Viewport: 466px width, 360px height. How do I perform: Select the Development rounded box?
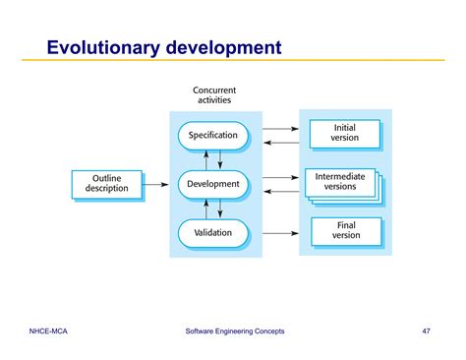point(213,183)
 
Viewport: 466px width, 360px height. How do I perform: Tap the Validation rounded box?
point(213,233)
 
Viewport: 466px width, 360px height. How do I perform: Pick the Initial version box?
point(345,133)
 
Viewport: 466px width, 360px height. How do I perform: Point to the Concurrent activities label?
point(213,96)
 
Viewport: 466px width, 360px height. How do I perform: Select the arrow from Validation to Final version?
point(280,233)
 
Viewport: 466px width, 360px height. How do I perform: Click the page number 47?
point(426,330)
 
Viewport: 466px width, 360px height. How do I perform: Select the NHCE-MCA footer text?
point(49,330)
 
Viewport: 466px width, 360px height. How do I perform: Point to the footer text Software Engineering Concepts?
point(235,330)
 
